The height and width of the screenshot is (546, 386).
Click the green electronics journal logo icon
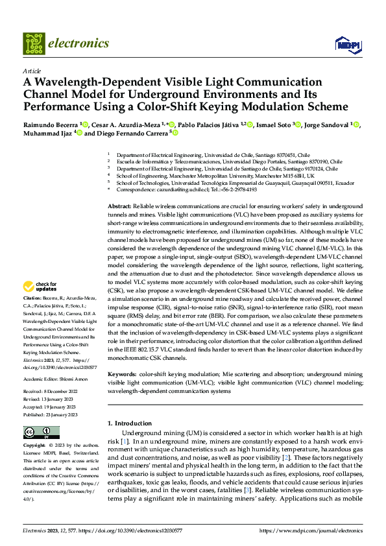coord(34,43)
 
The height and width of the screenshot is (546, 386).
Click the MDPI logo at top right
coord(347,44)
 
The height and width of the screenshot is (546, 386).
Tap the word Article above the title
coord(32,71)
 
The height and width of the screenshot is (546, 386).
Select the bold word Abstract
coord(121,205)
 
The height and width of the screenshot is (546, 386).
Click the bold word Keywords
coord(122,374)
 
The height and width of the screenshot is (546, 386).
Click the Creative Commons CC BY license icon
coord(42,433)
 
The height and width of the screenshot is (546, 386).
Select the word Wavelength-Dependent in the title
coord(97,82)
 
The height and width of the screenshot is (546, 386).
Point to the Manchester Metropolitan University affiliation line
coord(214,176)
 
